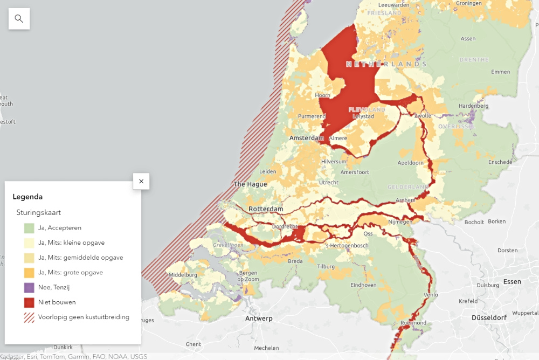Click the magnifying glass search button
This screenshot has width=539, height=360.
(x=19, y=19)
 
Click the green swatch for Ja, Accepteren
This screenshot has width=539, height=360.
(x=29, y=228)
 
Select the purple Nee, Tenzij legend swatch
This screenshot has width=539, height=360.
(x=29, y=287)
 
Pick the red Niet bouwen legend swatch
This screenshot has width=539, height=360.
(x=29, y=302)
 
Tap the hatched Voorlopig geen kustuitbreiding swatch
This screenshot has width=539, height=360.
(x=29, y=317)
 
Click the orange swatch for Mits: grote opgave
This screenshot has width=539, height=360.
(x=29, y=273)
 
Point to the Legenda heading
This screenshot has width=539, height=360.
(x=27, y=197)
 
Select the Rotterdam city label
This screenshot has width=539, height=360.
(x=266, y=209)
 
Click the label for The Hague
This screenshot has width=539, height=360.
(x=250, y=184)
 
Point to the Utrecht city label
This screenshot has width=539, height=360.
(x=328, y=183)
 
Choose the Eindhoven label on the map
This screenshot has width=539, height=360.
(x=363, y=285)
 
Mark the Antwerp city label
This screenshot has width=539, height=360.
(x=259, y=319)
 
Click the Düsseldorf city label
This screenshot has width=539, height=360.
(x=489, y=318)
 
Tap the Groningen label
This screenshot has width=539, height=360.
(x=468, y=3)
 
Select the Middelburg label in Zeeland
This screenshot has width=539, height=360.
(x=183, y=275)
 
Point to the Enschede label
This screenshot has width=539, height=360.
(x=500, y=162)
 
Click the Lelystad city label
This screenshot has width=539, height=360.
(x=363, y=116)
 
